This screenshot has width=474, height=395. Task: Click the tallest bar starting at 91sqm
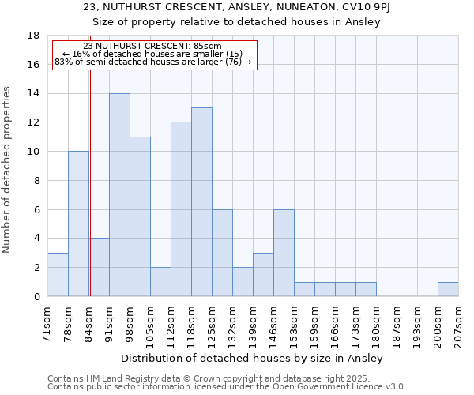coord(119,194)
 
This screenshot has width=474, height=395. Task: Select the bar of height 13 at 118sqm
coord(201,201)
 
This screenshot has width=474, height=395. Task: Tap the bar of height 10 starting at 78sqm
coord(78,224)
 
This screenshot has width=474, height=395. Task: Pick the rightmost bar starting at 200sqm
coord(448,289)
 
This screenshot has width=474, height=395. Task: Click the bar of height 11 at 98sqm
coord(140,216)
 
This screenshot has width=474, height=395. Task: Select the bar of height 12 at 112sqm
coord(181,209)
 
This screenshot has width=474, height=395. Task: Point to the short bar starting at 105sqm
coord(160,281)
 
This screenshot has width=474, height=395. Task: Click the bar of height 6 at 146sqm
coord(284,253)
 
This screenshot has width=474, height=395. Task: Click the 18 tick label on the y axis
coord(33,36)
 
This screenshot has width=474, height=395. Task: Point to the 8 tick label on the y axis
coord(36,180)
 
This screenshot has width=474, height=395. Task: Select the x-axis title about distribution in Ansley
coord(253,359)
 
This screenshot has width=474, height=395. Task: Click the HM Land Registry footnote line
coord(203,378)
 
